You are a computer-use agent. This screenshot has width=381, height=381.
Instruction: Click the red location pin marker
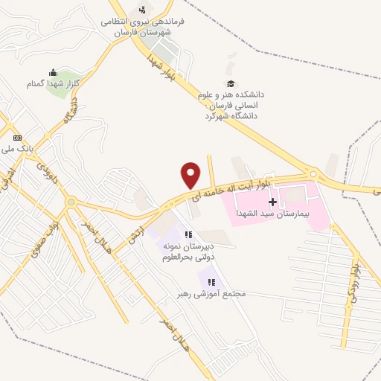pos(191,176)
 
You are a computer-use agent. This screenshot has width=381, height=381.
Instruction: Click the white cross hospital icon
pos(272,201)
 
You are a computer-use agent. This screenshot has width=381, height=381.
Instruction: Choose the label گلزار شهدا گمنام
pos(52,84)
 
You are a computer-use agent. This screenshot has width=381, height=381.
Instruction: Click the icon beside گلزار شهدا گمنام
pos(52,73)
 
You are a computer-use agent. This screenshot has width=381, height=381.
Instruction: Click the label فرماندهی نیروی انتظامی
pos(141,22)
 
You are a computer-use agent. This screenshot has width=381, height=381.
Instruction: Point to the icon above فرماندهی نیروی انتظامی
pos(141,10)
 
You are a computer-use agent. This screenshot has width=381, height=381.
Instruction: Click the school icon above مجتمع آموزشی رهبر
pos(213,282)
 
